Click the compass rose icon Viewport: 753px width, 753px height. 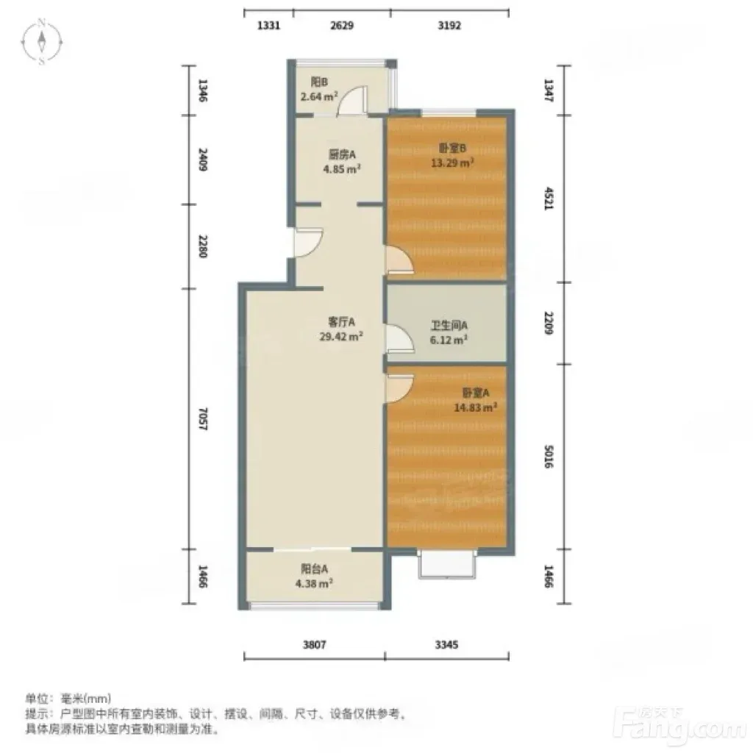point(42,42)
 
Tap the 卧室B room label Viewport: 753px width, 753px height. point(452,149)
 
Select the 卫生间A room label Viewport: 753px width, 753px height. point(449,326)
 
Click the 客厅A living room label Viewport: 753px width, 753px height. point(341,322)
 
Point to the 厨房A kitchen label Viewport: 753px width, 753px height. point(342,154)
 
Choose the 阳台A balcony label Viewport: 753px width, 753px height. point(314,569)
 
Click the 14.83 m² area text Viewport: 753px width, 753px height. point(476,407)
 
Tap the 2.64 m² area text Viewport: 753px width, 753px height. point(319,96)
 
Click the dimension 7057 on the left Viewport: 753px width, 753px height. point(203,418)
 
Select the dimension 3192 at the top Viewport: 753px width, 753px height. point(449,25)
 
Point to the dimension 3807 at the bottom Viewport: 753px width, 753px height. point(315,644)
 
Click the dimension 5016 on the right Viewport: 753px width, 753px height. point(549,457)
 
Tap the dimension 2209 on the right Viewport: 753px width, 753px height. point(549,324)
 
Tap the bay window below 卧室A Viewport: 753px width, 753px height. point(447,565)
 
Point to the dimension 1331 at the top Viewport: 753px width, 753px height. point(268,25)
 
